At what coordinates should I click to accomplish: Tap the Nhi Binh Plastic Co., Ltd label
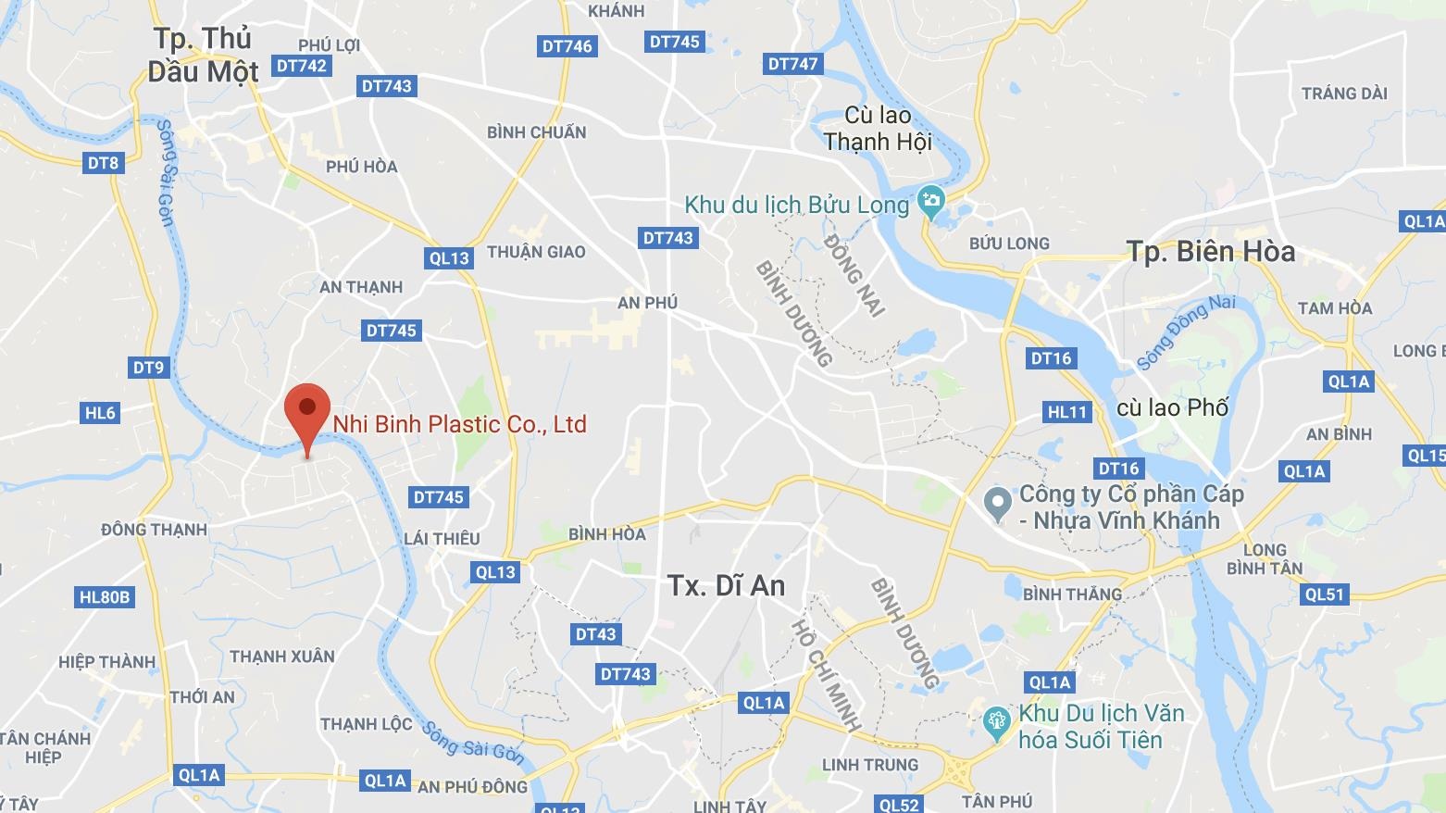(x=459, y=424)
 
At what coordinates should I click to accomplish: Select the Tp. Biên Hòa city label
(x=1210, y=252)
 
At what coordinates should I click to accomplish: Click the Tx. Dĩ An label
(x=726, y=585)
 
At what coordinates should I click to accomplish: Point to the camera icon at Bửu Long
(x=930, y=199)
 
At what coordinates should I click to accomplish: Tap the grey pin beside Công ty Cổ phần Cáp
(x=997, y=504)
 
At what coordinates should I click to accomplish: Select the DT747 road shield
(x=792, y=64)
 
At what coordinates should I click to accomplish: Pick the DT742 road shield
(x=302, y=66)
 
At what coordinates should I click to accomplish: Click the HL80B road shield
(x=105, y=597)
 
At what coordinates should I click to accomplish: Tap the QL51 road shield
(x=1324, y=594)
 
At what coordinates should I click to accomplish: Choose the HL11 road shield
(x=1066, y=412)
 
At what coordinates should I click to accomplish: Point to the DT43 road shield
(x=595, y=634)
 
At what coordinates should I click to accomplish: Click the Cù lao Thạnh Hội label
(x=878, y=129)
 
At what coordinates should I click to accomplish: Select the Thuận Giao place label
(x=536, y=252)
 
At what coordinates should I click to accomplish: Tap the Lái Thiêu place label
(x=442, y=539)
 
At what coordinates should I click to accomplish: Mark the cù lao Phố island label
(x=1172, y=407)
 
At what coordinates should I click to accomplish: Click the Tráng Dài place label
(x=1344, y=94)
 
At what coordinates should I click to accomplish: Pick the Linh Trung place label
(x=870, y=765)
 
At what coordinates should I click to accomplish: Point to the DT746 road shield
(x=567, y=46)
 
